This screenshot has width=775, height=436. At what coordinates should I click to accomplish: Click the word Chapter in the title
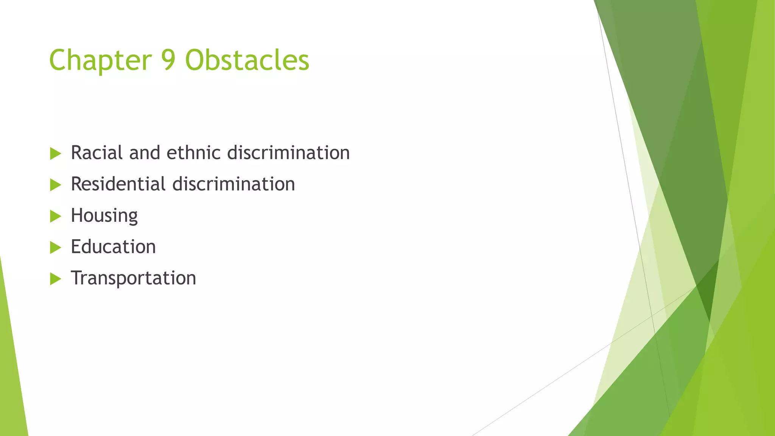[100, 61]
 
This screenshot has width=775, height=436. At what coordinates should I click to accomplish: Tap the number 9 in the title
[169, 61]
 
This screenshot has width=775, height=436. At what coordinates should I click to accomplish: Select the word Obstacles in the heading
[247, 61]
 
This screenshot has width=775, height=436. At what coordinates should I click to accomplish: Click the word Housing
[104, 216]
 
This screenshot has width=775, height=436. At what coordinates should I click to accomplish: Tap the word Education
[113, 247]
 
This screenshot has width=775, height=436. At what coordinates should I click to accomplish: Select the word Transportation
[133, 278]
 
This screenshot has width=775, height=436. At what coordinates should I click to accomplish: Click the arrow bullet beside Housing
[55, 216]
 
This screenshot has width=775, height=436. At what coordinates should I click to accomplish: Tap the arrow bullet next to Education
[55, 248]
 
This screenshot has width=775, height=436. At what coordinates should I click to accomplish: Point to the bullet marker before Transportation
[55, 279]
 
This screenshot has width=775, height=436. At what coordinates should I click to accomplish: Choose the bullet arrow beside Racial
[55, 154]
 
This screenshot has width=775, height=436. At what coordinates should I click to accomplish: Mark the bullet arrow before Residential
[55, 185]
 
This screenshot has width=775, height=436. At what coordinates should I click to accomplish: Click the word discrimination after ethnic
[288, 153]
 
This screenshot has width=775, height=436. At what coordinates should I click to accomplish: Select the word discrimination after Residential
[233, 184]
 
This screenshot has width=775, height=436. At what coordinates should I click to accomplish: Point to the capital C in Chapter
[58, 61]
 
